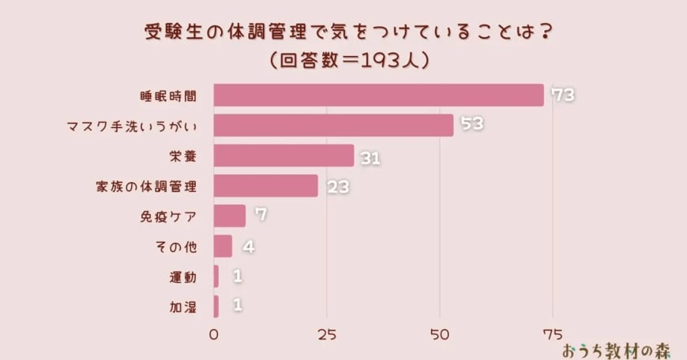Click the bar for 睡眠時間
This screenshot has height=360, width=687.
tap(379, 95)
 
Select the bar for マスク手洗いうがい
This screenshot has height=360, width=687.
tap(333, 125)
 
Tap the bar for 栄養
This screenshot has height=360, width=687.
tap(284, 156)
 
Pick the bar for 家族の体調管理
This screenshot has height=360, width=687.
tap(266, 186)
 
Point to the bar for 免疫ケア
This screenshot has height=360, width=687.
tap(230, 216)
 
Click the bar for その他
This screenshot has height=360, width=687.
tap(223, 246)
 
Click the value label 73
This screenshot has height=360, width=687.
tap(561, 96)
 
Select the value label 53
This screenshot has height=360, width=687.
tap(471, 126)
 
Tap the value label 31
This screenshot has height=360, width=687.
tap(370, 159)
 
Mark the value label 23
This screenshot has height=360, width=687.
tap(336, 188)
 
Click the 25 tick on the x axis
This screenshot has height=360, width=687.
tap(327, 333)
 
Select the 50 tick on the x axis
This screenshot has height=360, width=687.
tap(440, 333)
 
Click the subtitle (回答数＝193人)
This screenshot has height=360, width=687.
tap(347, 60)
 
